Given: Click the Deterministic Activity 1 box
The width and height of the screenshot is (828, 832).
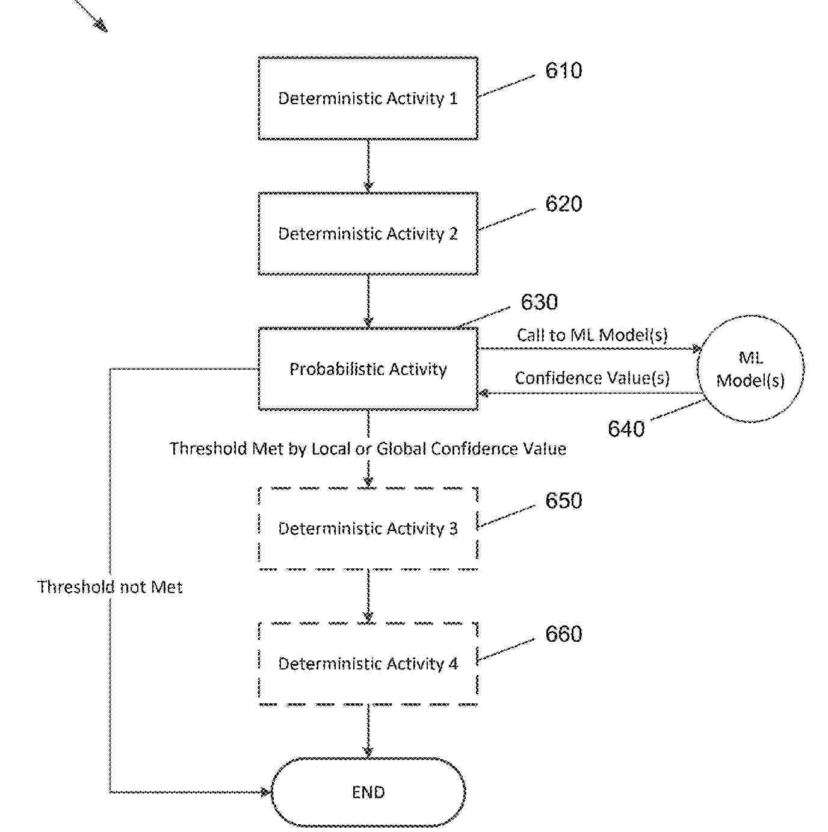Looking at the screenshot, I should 368,99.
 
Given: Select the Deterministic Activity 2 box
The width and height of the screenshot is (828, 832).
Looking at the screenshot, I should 368,234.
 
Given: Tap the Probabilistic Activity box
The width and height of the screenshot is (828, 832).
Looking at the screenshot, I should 368,369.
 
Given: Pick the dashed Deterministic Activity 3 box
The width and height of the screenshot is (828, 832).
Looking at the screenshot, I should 368,528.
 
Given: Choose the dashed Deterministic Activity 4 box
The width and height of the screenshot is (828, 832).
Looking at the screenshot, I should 368,663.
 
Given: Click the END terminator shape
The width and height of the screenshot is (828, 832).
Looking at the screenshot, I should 368,792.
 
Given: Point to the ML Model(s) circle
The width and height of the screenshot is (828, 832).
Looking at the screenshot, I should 750,368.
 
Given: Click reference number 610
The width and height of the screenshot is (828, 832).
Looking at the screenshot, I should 563,71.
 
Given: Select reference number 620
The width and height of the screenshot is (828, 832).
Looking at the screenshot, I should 563,204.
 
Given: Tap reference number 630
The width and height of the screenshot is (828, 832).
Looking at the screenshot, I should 539,302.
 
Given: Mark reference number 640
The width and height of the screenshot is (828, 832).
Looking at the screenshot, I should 626,429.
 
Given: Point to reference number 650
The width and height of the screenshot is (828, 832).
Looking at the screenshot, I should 563,501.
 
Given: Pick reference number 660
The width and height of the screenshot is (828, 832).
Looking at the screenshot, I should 563,635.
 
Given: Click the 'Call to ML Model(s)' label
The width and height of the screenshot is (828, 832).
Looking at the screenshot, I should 592,335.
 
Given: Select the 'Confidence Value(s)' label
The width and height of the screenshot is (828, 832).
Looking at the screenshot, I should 592,378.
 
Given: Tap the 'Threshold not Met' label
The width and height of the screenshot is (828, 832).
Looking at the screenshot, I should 110,587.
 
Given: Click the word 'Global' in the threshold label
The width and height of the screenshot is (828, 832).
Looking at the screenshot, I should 401,449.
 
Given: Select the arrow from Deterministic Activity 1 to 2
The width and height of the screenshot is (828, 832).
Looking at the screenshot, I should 368,166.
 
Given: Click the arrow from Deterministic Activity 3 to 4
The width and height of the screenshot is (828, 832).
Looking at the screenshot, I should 368,596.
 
